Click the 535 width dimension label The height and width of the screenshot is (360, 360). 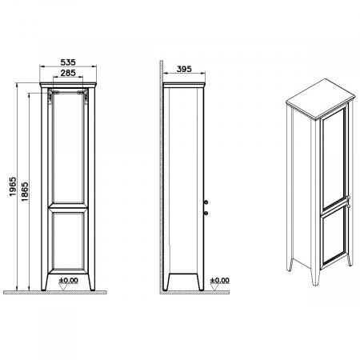pos(68,62)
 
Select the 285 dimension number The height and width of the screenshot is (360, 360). pos(68,73)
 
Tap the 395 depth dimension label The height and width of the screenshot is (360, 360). pos(184,69)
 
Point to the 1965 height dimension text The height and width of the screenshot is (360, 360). pos(13,186)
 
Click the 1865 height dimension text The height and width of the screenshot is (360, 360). pos(25,191)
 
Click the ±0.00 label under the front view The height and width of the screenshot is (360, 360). pos(69,280)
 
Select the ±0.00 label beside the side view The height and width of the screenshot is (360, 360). pos(219,280)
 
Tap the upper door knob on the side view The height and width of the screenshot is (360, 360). pos(206,202)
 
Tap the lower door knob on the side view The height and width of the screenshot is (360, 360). pos(206,213)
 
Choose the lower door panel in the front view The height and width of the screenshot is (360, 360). pos(68,241)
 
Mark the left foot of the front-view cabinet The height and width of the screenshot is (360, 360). pos(45,282)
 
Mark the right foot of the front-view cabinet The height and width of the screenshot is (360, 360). pos(91,282)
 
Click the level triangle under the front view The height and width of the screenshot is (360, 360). pos(63,287)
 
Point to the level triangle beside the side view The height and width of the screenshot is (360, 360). pos(214,287)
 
